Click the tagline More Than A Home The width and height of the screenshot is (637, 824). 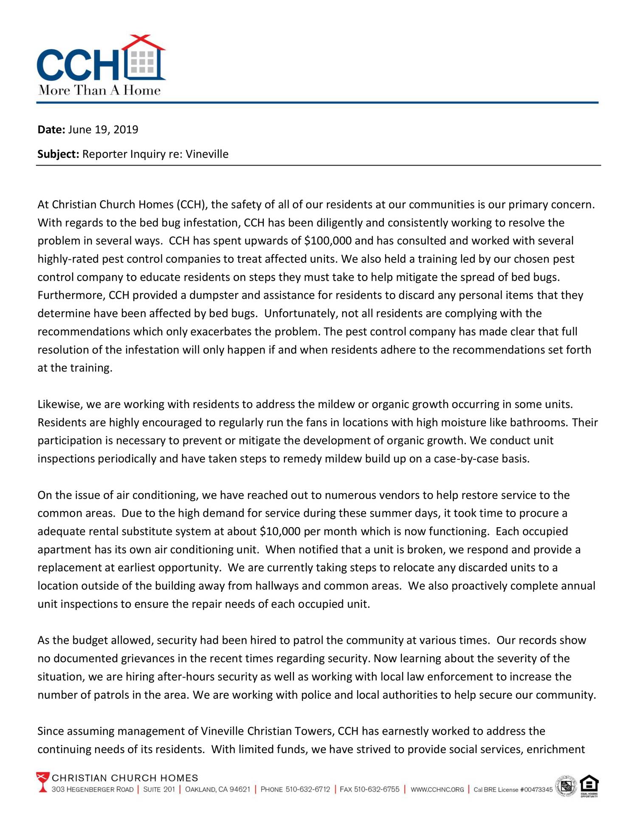[x=99, y=90]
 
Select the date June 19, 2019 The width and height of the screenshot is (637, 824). [x=103, y=129]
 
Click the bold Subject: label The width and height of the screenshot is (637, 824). [x=58, y=154]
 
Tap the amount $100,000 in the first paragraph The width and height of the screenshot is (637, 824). [x=328, y=241]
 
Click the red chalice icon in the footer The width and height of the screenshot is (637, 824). [x=43, y=782]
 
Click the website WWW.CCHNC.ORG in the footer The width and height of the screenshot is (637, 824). [x=437, y=790]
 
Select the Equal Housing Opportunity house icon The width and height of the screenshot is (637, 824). [x=589, y=785]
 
